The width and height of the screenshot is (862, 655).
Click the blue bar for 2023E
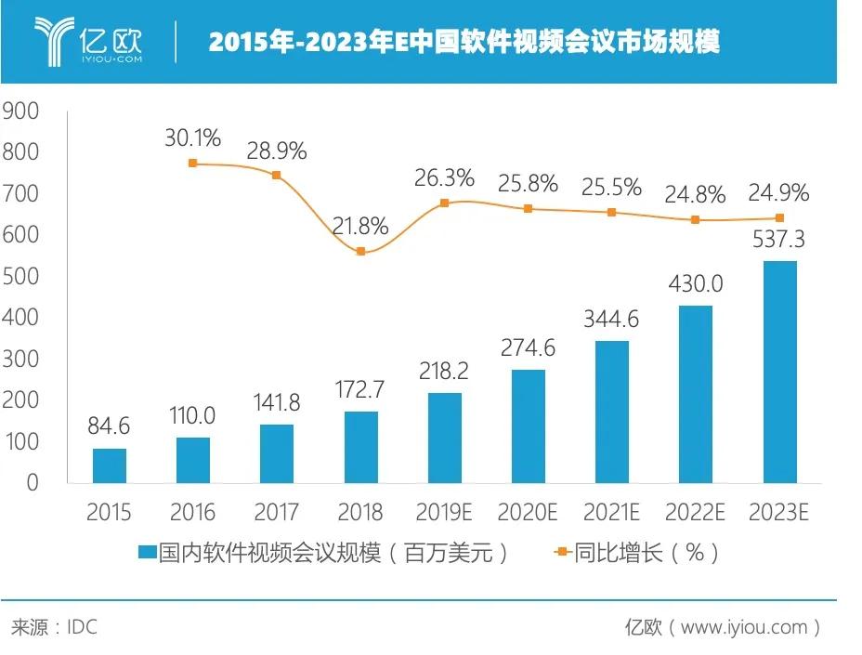(779, 372)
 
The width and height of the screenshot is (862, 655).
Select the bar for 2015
(110, 465)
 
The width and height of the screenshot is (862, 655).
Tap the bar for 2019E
(445, 438)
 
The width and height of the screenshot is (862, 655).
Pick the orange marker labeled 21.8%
(361, 252)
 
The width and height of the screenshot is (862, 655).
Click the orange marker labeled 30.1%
(193, 164)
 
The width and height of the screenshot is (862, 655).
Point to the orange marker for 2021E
(611, 213)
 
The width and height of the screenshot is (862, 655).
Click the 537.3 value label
(778, 240)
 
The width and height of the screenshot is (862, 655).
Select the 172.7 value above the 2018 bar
(360, 389)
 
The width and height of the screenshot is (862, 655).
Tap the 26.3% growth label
(444, 177)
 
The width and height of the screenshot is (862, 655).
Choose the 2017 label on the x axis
(277, 513)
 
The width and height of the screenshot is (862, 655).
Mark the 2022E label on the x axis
(695, 513)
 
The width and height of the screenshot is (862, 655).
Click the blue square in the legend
(147, 553)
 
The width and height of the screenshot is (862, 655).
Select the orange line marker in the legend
(561, 553)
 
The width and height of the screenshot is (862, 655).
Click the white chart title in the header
(464, 42)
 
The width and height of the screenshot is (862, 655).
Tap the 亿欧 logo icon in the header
(54, 41)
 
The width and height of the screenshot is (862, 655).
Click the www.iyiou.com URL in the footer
(744, 627)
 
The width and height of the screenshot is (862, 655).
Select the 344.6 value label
(611, 321)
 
